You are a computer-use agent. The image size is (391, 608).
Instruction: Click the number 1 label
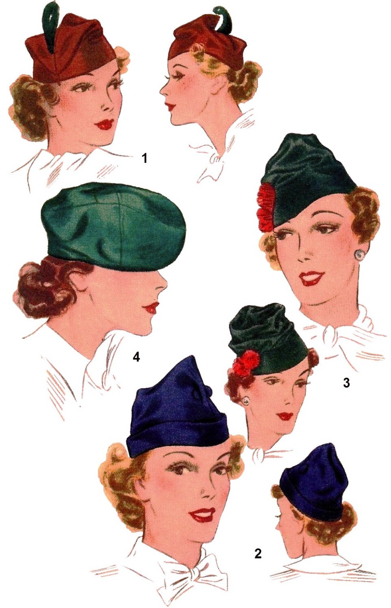pos(144,158)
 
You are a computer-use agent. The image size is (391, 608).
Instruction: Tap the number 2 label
pos(258,553)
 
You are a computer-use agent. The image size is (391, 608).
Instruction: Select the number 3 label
pos(346,382)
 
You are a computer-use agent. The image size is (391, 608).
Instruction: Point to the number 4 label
pos(136,357)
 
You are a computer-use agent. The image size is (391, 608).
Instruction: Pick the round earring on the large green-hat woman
pos(359,255)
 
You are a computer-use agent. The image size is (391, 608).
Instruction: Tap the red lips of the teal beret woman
pos(152,308)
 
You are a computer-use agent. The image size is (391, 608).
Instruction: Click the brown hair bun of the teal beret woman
pos(41,290)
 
